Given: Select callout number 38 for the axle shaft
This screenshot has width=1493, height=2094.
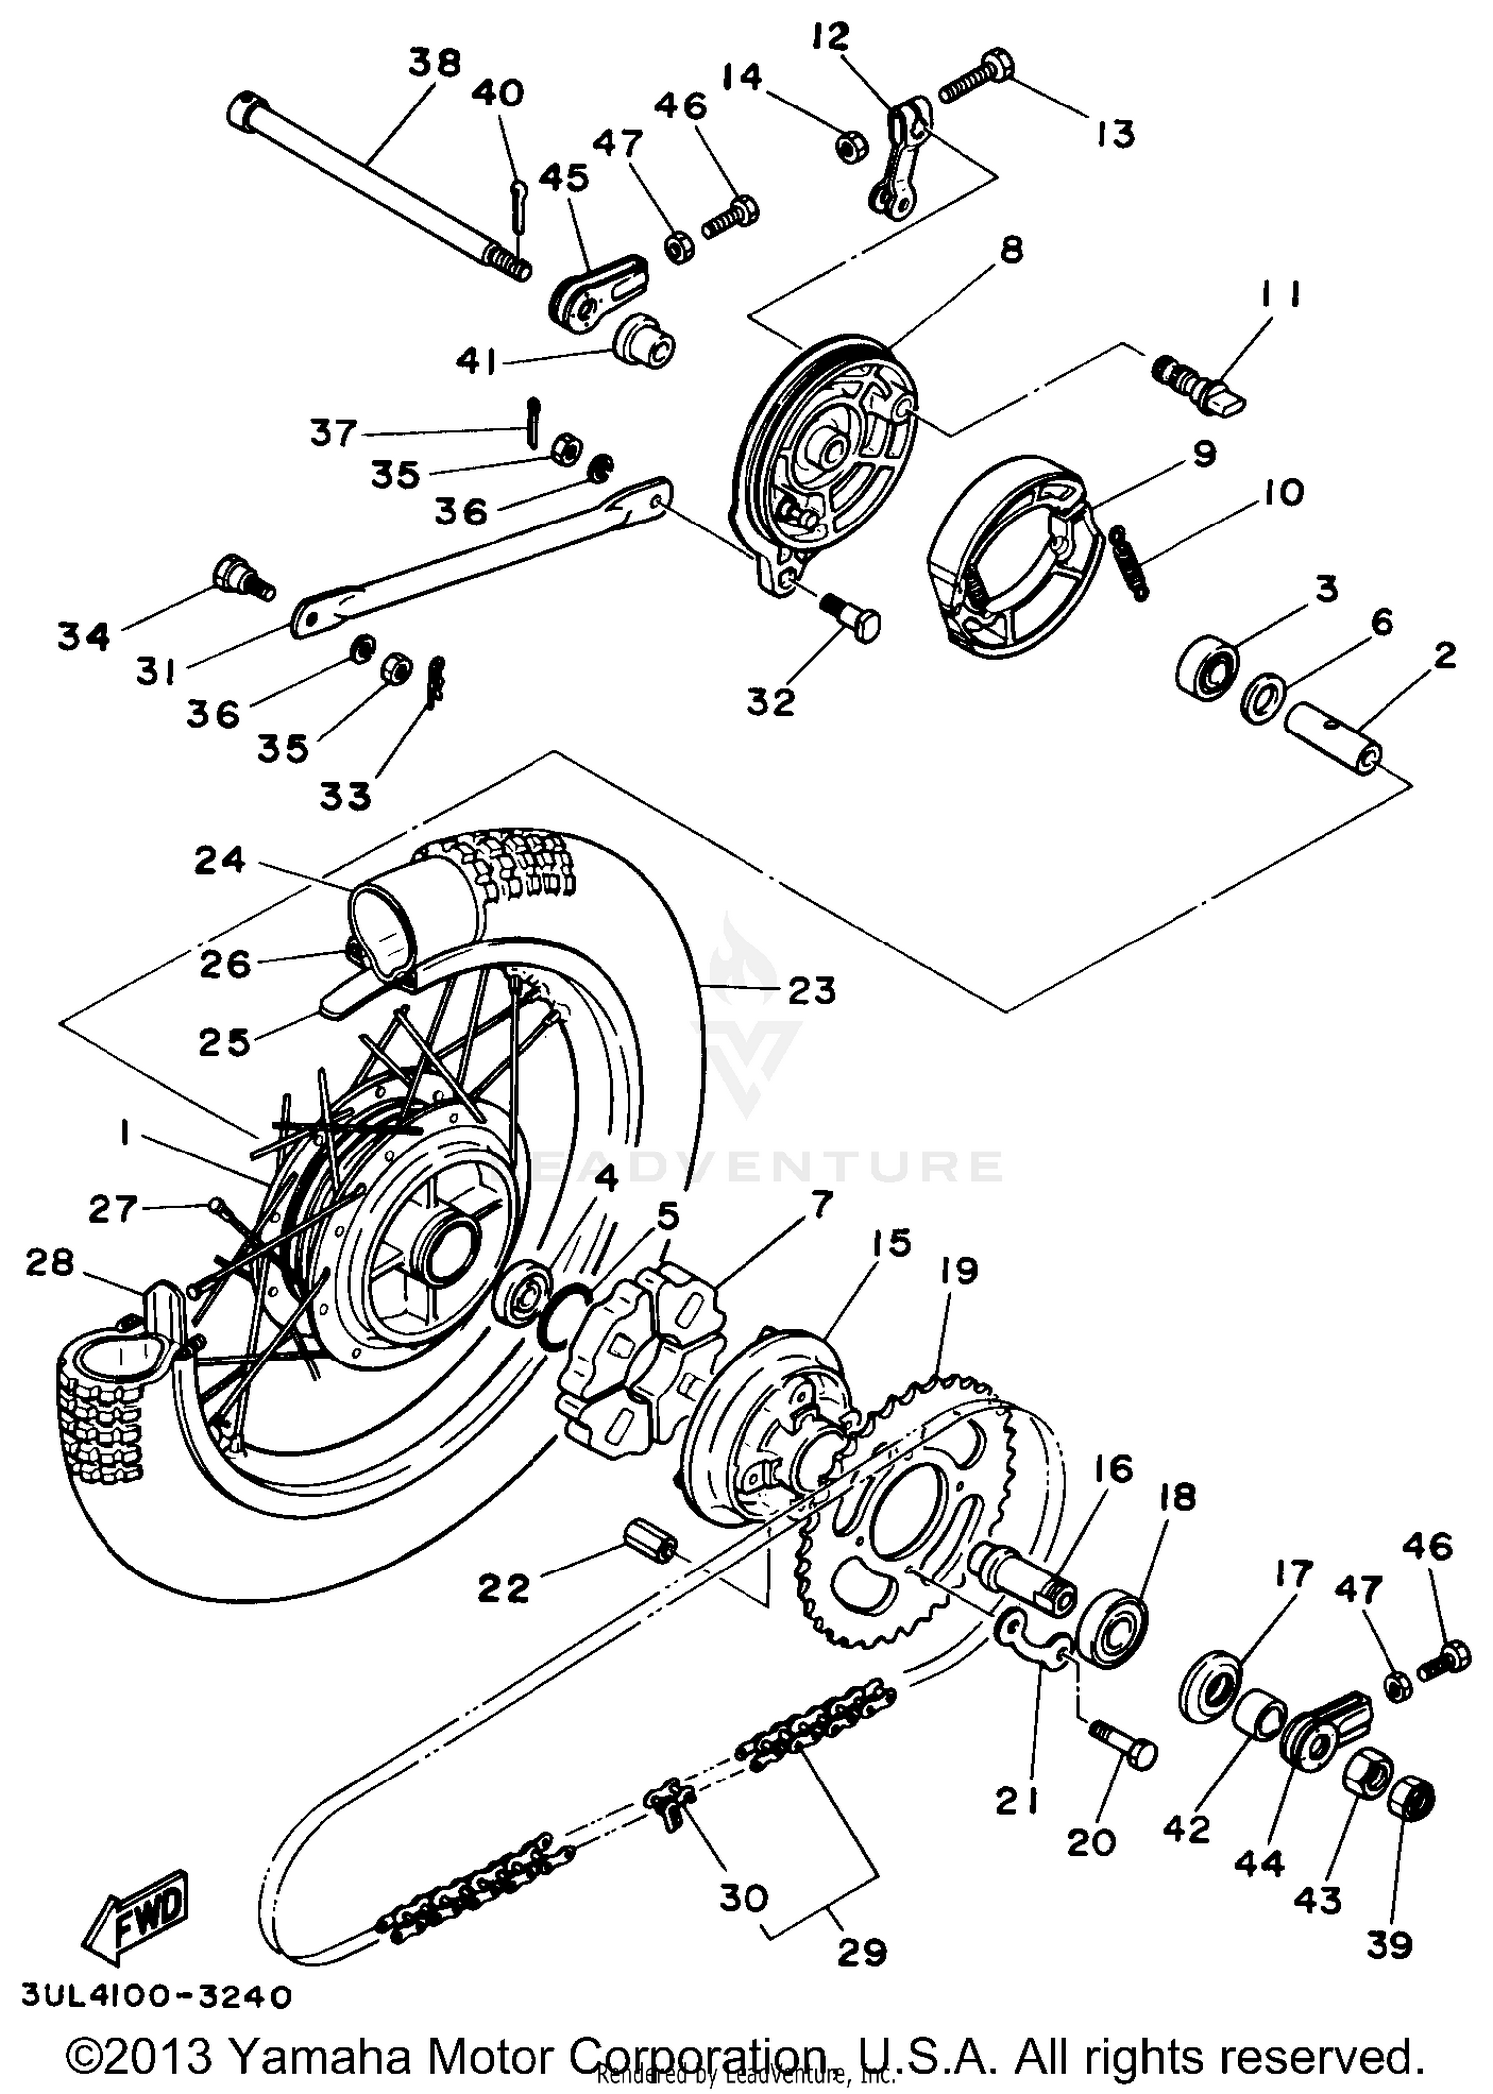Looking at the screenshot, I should pos(435,63).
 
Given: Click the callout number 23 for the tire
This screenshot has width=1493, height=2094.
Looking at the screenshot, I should pos(812,990).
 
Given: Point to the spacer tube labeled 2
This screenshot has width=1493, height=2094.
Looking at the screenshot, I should pos(1334,744).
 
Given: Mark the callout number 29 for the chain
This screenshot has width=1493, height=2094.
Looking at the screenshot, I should pos(861,1953).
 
